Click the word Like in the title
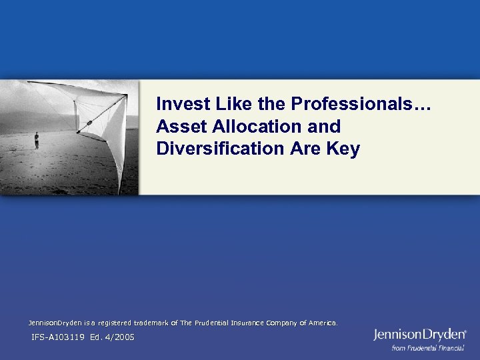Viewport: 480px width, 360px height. pyautogui.click(x=221, y=104)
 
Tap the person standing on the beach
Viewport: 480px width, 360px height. pyautogui.click(x=37, y=140)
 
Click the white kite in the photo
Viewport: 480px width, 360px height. pyautogui.click(x=107, y=123)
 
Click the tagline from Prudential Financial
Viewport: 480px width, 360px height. pyautogui.click(x=427, y=348)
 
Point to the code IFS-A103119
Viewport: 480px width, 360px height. pyautogui.click(x=58, y=337)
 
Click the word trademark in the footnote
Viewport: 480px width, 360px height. pyautogui.click(x=151, y=323)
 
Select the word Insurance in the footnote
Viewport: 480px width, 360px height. pyautogui.click(x=246, y=323)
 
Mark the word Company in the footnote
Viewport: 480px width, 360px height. pyautogui.click(x=283, y=323)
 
